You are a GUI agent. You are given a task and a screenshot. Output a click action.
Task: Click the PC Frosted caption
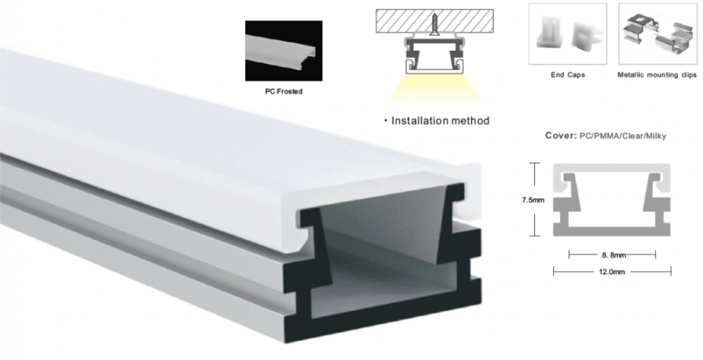point(284,91)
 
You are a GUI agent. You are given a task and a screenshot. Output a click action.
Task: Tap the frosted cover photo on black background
point(284,51)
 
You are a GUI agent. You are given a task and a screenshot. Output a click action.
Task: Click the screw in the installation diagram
point(434,24)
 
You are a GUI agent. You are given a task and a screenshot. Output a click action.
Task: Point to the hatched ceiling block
point(434,21)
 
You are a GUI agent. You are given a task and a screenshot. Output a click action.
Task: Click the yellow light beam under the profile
point(434,90)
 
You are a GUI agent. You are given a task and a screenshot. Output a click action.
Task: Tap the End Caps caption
point(568,75)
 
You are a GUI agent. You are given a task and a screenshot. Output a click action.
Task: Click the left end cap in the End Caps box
point(550,32)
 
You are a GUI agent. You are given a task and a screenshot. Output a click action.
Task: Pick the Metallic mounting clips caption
point(657,75)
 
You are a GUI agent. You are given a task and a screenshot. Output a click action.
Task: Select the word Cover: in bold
point(561,135)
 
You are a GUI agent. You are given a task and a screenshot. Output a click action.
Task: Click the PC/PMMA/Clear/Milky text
point(623,135)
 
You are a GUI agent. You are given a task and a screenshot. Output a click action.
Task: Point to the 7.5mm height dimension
point(533,199)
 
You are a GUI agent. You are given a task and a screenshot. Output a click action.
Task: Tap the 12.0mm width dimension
point(612,271)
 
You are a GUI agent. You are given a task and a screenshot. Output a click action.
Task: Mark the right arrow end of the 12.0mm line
point(671,271)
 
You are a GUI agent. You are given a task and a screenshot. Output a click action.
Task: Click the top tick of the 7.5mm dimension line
point(533,163)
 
